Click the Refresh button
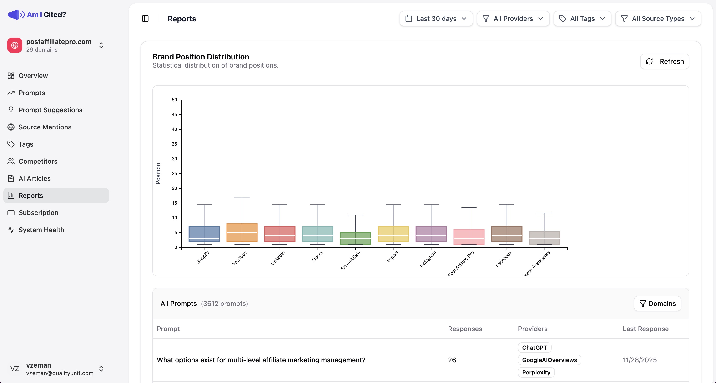(x=664, y=61)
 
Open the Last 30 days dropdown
(x=436, y=19)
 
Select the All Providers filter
(x=513, y=19)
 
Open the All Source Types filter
(x=658, y=19)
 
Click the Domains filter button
(x=657, y=303)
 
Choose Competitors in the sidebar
(x=38, y=161)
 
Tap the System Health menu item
(x=41, y=230)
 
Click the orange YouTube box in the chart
(x=242, y=233)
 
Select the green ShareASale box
(x=355, y=238)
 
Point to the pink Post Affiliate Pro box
(x=469, y=237)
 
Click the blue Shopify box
(x=204, y=234)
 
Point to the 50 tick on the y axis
(x=175, y=100)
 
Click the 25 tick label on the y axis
(x=175, y=173)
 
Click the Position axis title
(x=158, y=173)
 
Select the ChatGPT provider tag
(x=534, y=348)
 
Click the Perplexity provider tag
(x=536, y=372)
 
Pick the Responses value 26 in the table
(x=452, y=360)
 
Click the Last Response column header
(x=645, y=329)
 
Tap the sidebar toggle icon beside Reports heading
(x=145, y=19)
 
